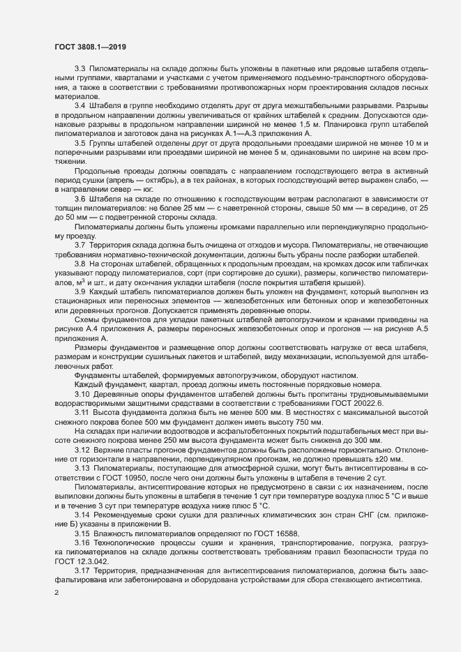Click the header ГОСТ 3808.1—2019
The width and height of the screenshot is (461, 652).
click(x=90, y=47)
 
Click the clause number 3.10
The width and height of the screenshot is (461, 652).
click(x=82, y=393)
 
